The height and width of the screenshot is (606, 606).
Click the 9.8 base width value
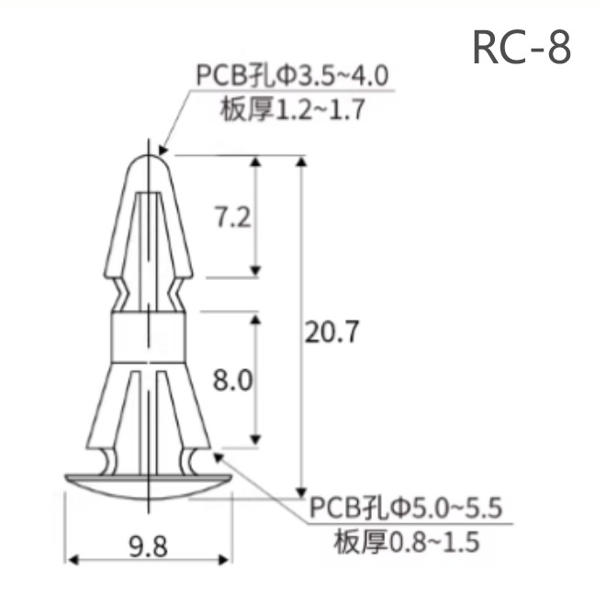147,548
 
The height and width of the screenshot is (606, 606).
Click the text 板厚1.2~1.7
293,109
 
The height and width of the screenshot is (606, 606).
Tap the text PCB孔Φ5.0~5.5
405,507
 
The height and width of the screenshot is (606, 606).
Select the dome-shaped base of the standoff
147,486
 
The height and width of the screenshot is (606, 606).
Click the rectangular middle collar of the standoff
147,337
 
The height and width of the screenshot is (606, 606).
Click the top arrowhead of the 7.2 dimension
258,162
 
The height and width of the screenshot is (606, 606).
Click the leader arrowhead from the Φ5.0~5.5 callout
218,454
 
